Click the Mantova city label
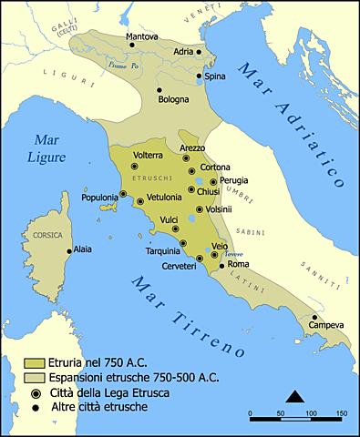click(x=141, y=36)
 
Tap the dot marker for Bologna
click(x=159, y=89)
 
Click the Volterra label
click(x=148, y=155)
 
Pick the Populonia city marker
click(x=123, y=195)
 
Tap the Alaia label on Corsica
click(x=82, y=248)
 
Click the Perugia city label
click(x=233, y=180)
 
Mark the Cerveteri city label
click(x=178, y=265)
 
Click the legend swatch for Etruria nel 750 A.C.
click(x=35, y=362)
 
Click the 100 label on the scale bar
click(x=311, y=414)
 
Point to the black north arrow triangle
click(x=294, y=395)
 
